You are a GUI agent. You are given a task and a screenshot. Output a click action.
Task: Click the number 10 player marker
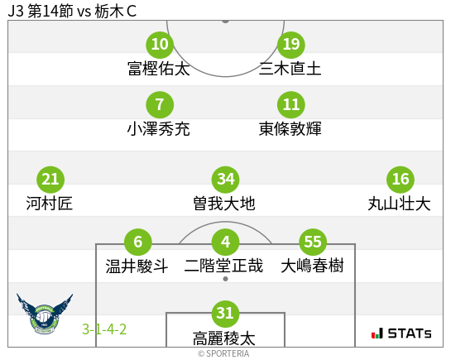160,44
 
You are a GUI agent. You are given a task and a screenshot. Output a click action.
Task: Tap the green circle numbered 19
290,44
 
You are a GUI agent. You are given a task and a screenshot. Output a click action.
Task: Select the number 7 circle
160,105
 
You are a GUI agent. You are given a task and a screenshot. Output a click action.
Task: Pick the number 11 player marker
290,105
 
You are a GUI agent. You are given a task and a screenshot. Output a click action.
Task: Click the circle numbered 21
50,179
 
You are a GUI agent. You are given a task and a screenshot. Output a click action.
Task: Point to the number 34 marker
225,179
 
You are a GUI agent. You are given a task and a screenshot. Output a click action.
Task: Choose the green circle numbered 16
401,179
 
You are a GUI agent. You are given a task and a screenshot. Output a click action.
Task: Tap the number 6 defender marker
137,242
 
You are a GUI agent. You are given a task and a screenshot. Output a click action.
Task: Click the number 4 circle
225,242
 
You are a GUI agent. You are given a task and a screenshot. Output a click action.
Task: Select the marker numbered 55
312,242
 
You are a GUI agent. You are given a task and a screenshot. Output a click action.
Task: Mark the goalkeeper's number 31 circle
225,313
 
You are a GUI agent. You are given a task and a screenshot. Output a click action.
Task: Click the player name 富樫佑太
159,69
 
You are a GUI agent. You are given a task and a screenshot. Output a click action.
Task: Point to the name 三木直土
290,69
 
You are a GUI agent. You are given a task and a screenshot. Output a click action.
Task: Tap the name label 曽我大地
224,204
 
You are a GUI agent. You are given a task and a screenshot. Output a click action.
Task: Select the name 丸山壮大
399,204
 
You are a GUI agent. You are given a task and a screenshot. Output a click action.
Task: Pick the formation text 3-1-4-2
104,329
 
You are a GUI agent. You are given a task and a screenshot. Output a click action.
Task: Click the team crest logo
45,317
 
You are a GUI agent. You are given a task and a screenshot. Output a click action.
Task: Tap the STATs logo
401,334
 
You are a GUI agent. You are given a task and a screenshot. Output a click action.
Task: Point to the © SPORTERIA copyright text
223,353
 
